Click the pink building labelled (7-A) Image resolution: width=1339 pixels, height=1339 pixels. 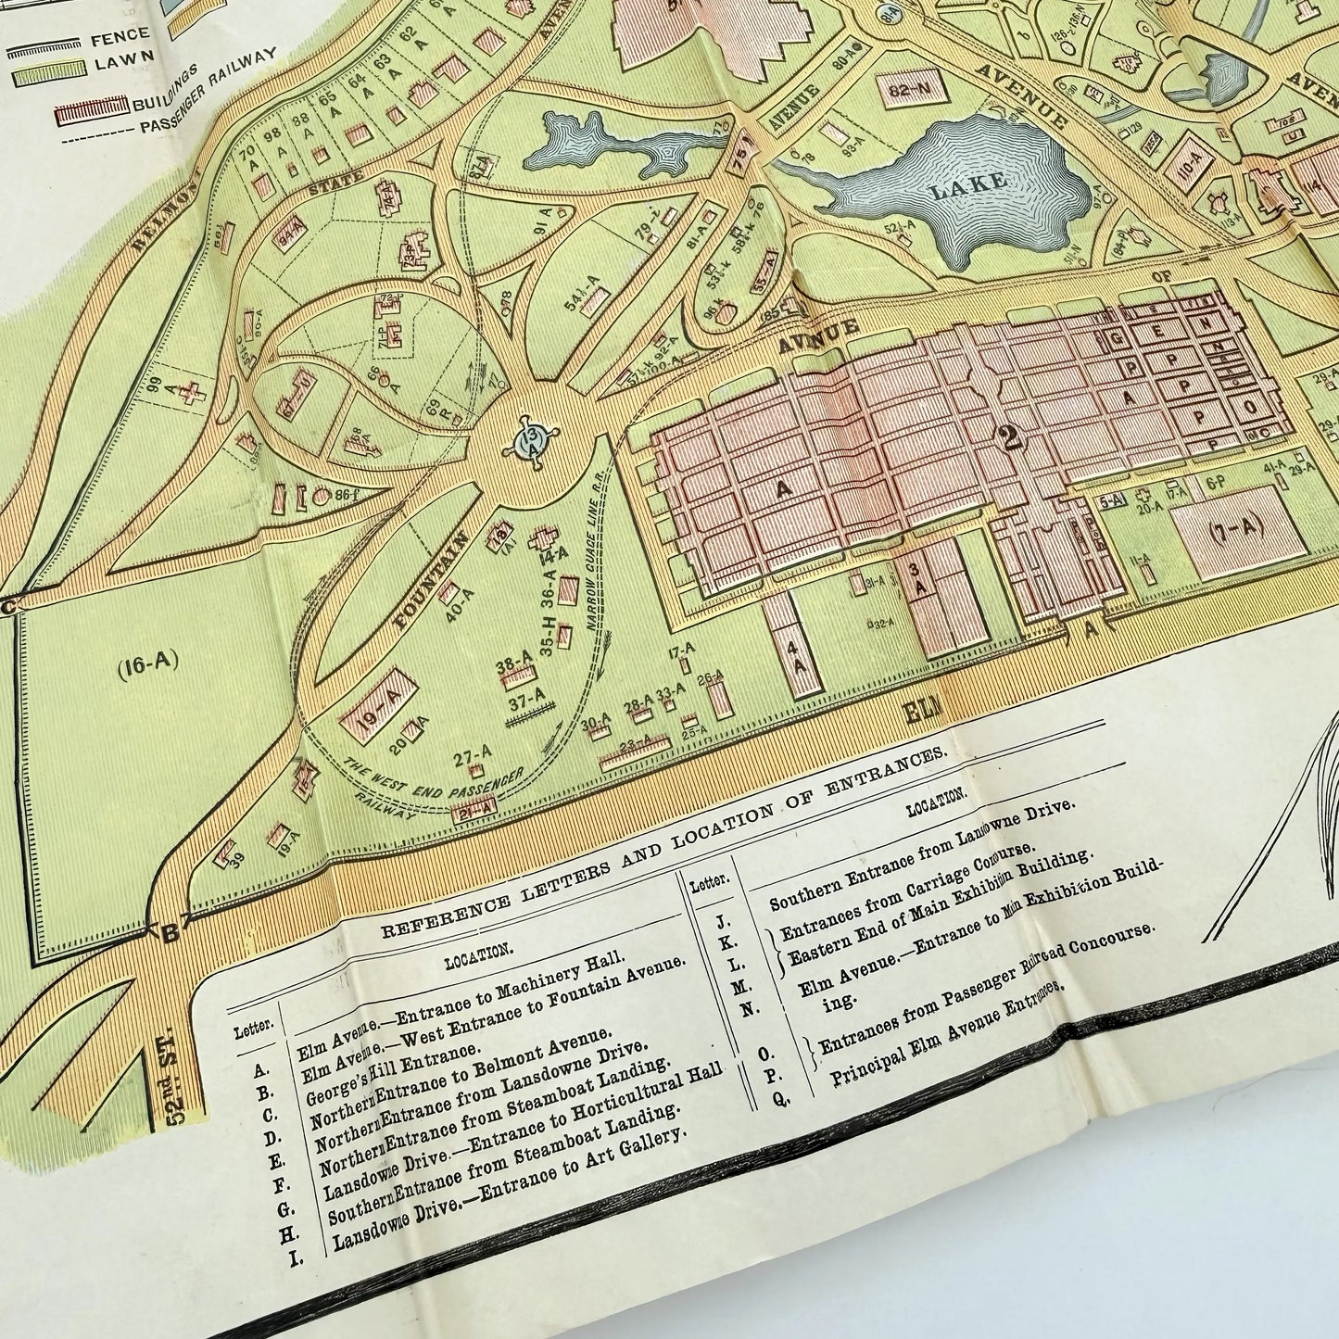tap(1237, 528)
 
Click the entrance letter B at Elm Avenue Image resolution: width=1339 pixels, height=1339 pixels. tap(170, 932)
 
